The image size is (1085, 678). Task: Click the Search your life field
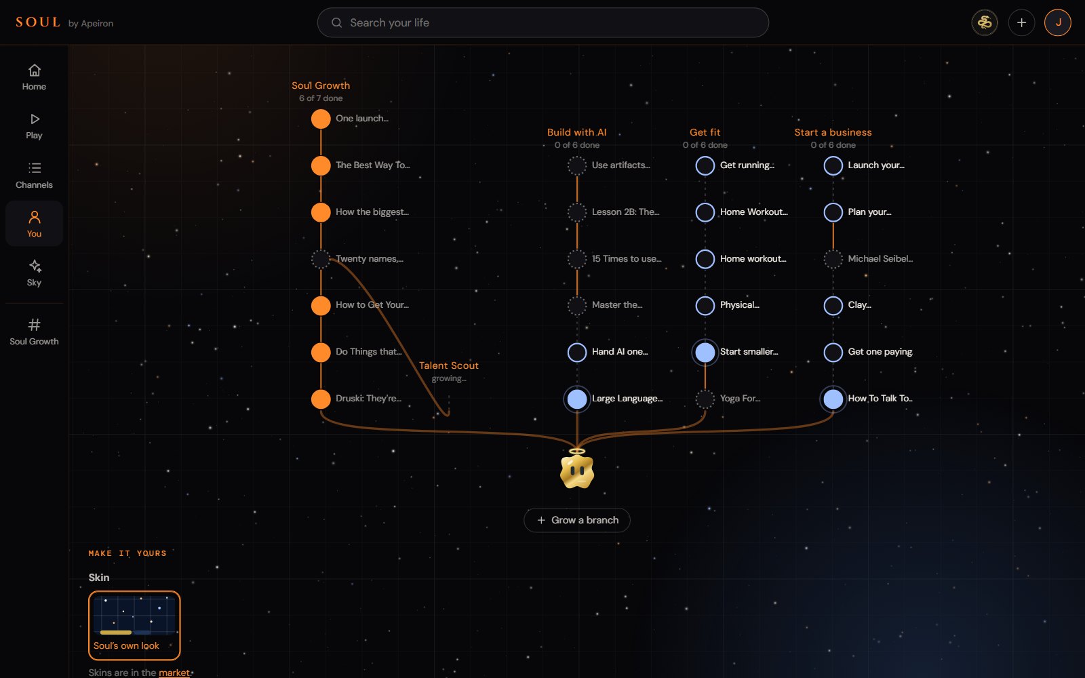click(x=542, y=23)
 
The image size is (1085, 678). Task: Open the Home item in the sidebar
click(x=34, y=77)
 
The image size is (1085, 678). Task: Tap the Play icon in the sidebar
click(x=35, y=119)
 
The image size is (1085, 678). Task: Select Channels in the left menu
click(x=34, y=176)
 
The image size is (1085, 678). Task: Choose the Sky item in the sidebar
click(x=34, y=273)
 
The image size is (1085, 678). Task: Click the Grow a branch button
click(x=577, y=520)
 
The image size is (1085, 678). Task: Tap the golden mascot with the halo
click(x=577, y=468)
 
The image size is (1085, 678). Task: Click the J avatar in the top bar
click(x=1057, y=23)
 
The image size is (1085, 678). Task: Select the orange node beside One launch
click(x=321, y=119)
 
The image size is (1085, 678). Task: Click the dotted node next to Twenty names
click(x=321, y=258)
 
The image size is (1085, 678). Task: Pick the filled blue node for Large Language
click(x=577, y=399)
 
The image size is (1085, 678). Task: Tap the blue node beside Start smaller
click(x=705, y=352)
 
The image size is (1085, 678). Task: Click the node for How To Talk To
click(x=833, y=399)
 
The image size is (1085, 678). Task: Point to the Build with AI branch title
click(x=577, y=132)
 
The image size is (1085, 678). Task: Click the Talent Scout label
click(x=448, y=365)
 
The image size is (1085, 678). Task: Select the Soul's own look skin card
click(x=134, y=625)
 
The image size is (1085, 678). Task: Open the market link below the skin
click(x=174, y=673)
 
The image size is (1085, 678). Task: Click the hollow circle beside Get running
click(x=705, y=165)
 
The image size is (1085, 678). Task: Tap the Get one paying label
click(x=880, y=352)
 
